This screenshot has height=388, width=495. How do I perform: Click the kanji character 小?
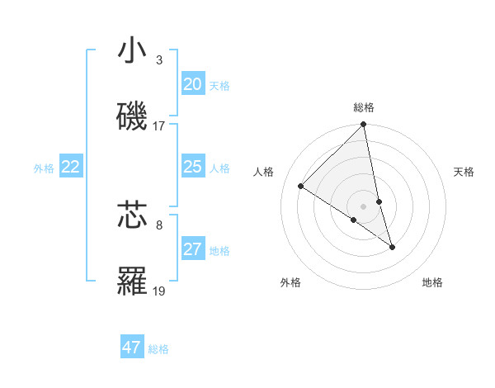[133, 51]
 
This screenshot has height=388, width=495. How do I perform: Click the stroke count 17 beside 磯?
[159, 126]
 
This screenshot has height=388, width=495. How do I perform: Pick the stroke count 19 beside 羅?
[159, 291]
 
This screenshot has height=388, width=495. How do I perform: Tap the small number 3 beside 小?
[159, 60]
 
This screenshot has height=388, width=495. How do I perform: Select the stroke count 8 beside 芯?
[159, 225]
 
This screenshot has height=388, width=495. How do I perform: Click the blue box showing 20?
[192, 84]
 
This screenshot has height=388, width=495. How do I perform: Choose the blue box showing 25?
[192, 167]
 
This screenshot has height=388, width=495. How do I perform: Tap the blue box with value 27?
[192, 249]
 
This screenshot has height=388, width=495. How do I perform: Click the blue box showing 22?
[71, 167]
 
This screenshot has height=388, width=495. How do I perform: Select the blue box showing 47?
[132, 348]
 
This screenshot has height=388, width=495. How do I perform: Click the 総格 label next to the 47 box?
[158, 349]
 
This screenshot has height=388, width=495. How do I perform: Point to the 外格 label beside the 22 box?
[44, 168]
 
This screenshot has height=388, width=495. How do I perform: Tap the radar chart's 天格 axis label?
[464, 172]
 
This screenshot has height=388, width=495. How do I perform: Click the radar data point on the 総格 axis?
[364, 125]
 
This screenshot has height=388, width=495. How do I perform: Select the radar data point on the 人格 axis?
[301, 186]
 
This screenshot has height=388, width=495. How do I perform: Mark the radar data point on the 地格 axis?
[392, 247]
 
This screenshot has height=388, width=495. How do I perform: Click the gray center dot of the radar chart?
[364, 206]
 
